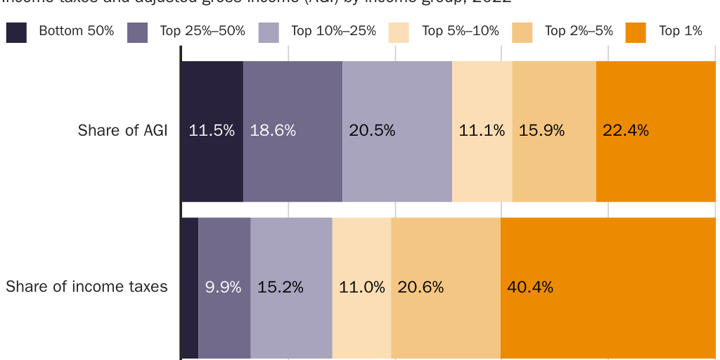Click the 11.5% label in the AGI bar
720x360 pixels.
point(212,131)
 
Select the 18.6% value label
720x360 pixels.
point(273,131)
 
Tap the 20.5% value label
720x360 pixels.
point(372,131)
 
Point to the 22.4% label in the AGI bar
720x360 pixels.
point(626,131)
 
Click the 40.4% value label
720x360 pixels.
point(530,287)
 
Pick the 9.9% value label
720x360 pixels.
point(223,287)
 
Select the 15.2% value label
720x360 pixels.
point(281,287)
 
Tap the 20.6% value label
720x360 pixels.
point(420,287)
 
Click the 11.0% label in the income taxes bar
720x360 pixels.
point(362,287)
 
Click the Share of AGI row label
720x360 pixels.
point(123,131)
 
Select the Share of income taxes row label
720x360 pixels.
point(87,287)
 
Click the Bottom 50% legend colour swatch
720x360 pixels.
point(16,32)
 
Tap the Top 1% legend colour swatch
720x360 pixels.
point(636,32)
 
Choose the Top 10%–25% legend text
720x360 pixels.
point(333,31)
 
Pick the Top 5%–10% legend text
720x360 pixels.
point(461,31)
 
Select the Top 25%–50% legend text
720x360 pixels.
point(202,31)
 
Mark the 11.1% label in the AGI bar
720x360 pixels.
point(482,131)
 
